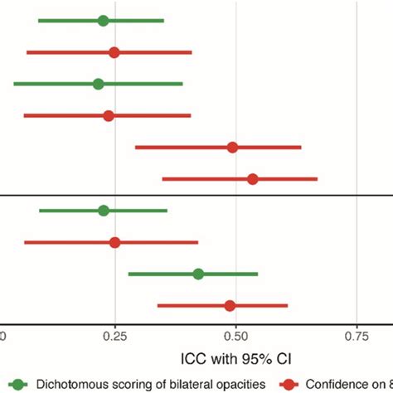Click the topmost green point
click(x=103, y=21)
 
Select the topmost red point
click(x=114, y=52)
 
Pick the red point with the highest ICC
click(x=253, y=179)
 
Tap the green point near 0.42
click(x=198, y=274)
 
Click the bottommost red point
click(x=230, y=306)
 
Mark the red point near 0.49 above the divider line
click(x=232, y=148)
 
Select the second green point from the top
click(x=98, y=84)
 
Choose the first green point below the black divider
click(x=104, y=211)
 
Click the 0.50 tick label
click(x=236, y=337)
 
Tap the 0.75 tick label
click(x=357, y=337)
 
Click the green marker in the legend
click(x=17, y=384)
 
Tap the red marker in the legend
click(x=289, y=384)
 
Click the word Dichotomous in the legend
click(x=70, y=384)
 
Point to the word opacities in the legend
click(x=241, y=384)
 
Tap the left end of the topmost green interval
click(x=39, y=21)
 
